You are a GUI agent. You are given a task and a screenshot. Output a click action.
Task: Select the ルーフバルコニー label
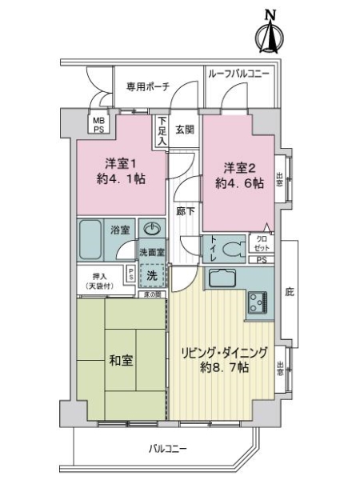[238, 74]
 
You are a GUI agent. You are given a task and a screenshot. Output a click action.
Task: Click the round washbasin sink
[152, 229]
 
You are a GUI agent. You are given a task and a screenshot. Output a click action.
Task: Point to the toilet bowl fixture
[232, 248]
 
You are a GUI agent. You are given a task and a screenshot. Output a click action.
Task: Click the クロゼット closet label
[262, 242]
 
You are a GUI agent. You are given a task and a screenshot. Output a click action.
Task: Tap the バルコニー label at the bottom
[164, 449]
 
